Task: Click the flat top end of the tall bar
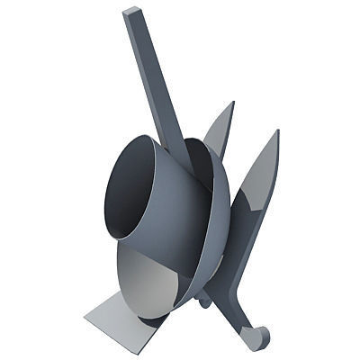pyautogui.click(x=132, y=13)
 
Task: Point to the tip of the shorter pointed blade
pyautogui.click(x=232, y=103)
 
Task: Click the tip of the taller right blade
pyautogui.click(x=275, y=132)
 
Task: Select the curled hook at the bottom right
pyautogui.click(x=259, y=338)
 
